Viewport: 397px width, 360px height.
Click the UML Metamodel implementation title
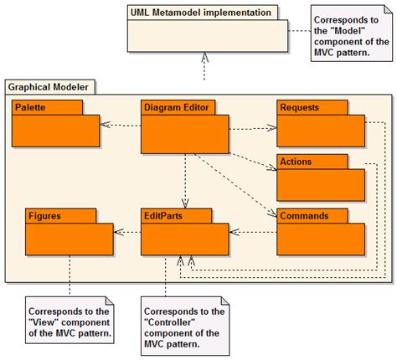pyautogui.click(x=200, y=13)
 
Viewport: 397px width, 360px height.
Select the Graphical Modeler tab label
pyautogui.click(x=50, y=86)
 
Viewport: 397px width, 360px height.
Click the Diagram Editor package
pyautogui.click(x=184, y=126)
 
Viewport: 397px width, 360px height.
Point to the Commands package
pyautogui.click(x=321, y=235)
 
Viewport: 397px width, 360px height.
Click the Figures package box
pyautogui.click(x=69, y=235)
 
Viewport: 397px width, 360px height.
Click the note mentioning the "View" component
pyautogui.click(x=70, y=319)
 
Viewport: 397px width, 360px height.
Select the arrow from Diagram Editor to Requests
pyautogui.click(x=252, y=129)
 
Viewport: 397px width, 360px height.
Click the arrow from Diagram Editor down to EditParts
pyautogui.click(x=184, y=176)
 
